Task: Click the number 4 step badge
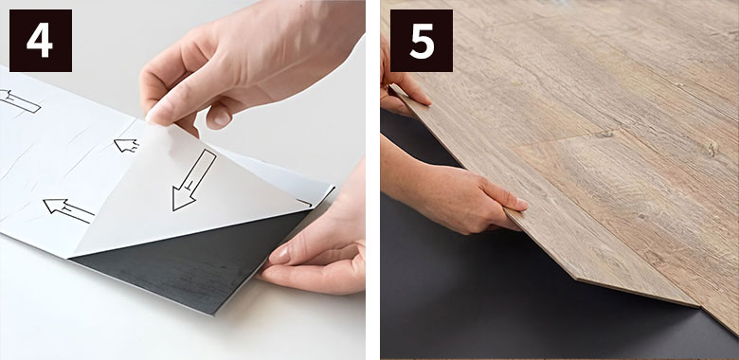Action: [41, 41]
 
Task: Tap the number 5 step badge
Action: [422, 41]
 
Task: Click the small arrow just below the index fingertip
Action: [126, 145]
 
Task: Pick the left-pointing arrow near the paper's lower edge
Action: [68, 210]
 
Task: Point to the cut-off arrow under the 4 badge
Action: [20, 100]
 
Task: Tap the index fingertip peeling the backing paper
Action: [155, 115]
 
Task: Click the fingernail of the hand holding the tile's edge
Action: [280, 255]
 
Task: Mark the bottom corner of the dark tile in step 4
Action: [214, 315]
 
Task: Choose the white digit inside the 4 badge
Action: [40, 41]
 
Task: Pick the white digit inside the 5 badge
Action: [422, 42]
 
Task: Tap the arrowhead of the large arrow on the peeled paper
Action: [183, 198]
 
